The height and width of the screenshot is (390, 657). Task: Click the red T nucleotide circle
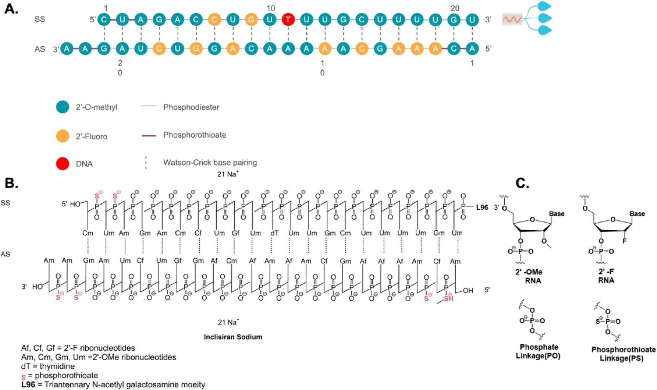click(x=288, y=19)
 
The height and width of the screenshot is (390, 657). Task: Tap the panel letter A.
click(x=11, y=9)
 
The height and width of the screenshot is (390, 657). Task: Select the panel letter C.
click(x=522, y=183)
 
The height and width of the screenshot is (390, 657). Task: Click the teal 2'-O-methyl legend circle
click(x=62, y=107)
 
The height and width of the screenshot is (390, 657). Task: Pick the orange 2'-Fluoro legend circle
click(x=62, y=136)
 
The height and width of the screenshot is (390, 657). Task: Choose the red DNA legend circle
click(x=62, y=164)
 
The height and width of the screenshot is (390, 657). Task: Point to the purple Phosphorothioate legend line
click(x=149, y=135)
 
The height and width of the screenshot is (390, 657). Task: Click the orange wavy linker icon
click(x=512, y=20)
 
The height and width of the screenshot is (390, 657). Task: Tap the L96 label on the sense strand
click(x=482, y=207)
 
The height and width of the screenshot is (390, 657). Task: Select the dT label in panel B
click(x=274, y=233)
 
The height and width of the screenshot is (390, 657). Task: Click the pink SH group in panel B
click(x=449, y=298)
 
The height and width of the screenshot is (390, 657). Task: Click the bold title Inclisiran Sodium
click(x=233, y=337)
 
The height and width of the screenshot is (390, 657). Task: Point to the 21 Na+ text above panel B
click(x=228, y=174)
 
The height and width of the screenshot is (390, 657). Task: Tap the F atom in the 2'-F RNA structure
click(x=624, y=241)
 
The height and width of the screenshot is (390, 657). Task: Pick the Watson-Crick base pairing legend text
click(x=210, y=163)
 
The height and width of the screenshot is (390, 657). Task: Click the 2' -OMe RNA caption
click(x=533, y=276)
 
